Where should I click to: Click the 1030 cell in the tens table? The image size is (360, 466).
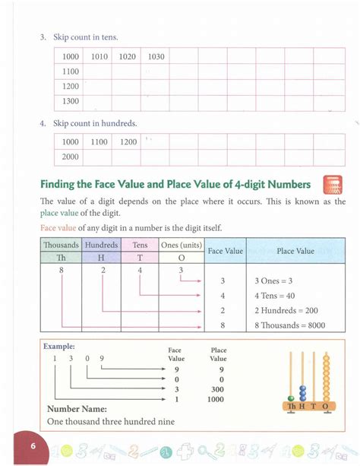tap(156, 57)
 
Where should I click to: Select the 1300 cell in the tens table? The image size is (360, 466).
tap(71, 101)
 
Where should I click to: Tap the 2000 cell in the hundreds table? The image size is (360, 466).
tap(71, 157)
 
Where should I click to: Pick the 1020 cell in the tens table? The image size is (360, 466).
tap(127, 57)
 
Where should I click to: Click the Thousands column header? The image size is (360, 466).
tap(61, 245)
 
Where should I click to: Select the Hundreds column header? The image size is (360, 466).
tap(101, 245)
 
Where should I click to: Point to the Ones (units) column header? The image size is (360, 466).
tap(181, 245)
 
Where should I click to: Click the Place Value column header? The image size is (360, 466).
tap(295, 250)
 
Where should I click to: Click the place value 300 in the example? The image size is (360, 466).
tap(218, 388)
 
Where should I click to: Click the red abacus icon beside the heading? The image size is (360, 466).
tap(333, 185)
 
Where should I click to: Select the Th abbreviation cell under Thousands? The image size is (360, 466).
tap(61, 258)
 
